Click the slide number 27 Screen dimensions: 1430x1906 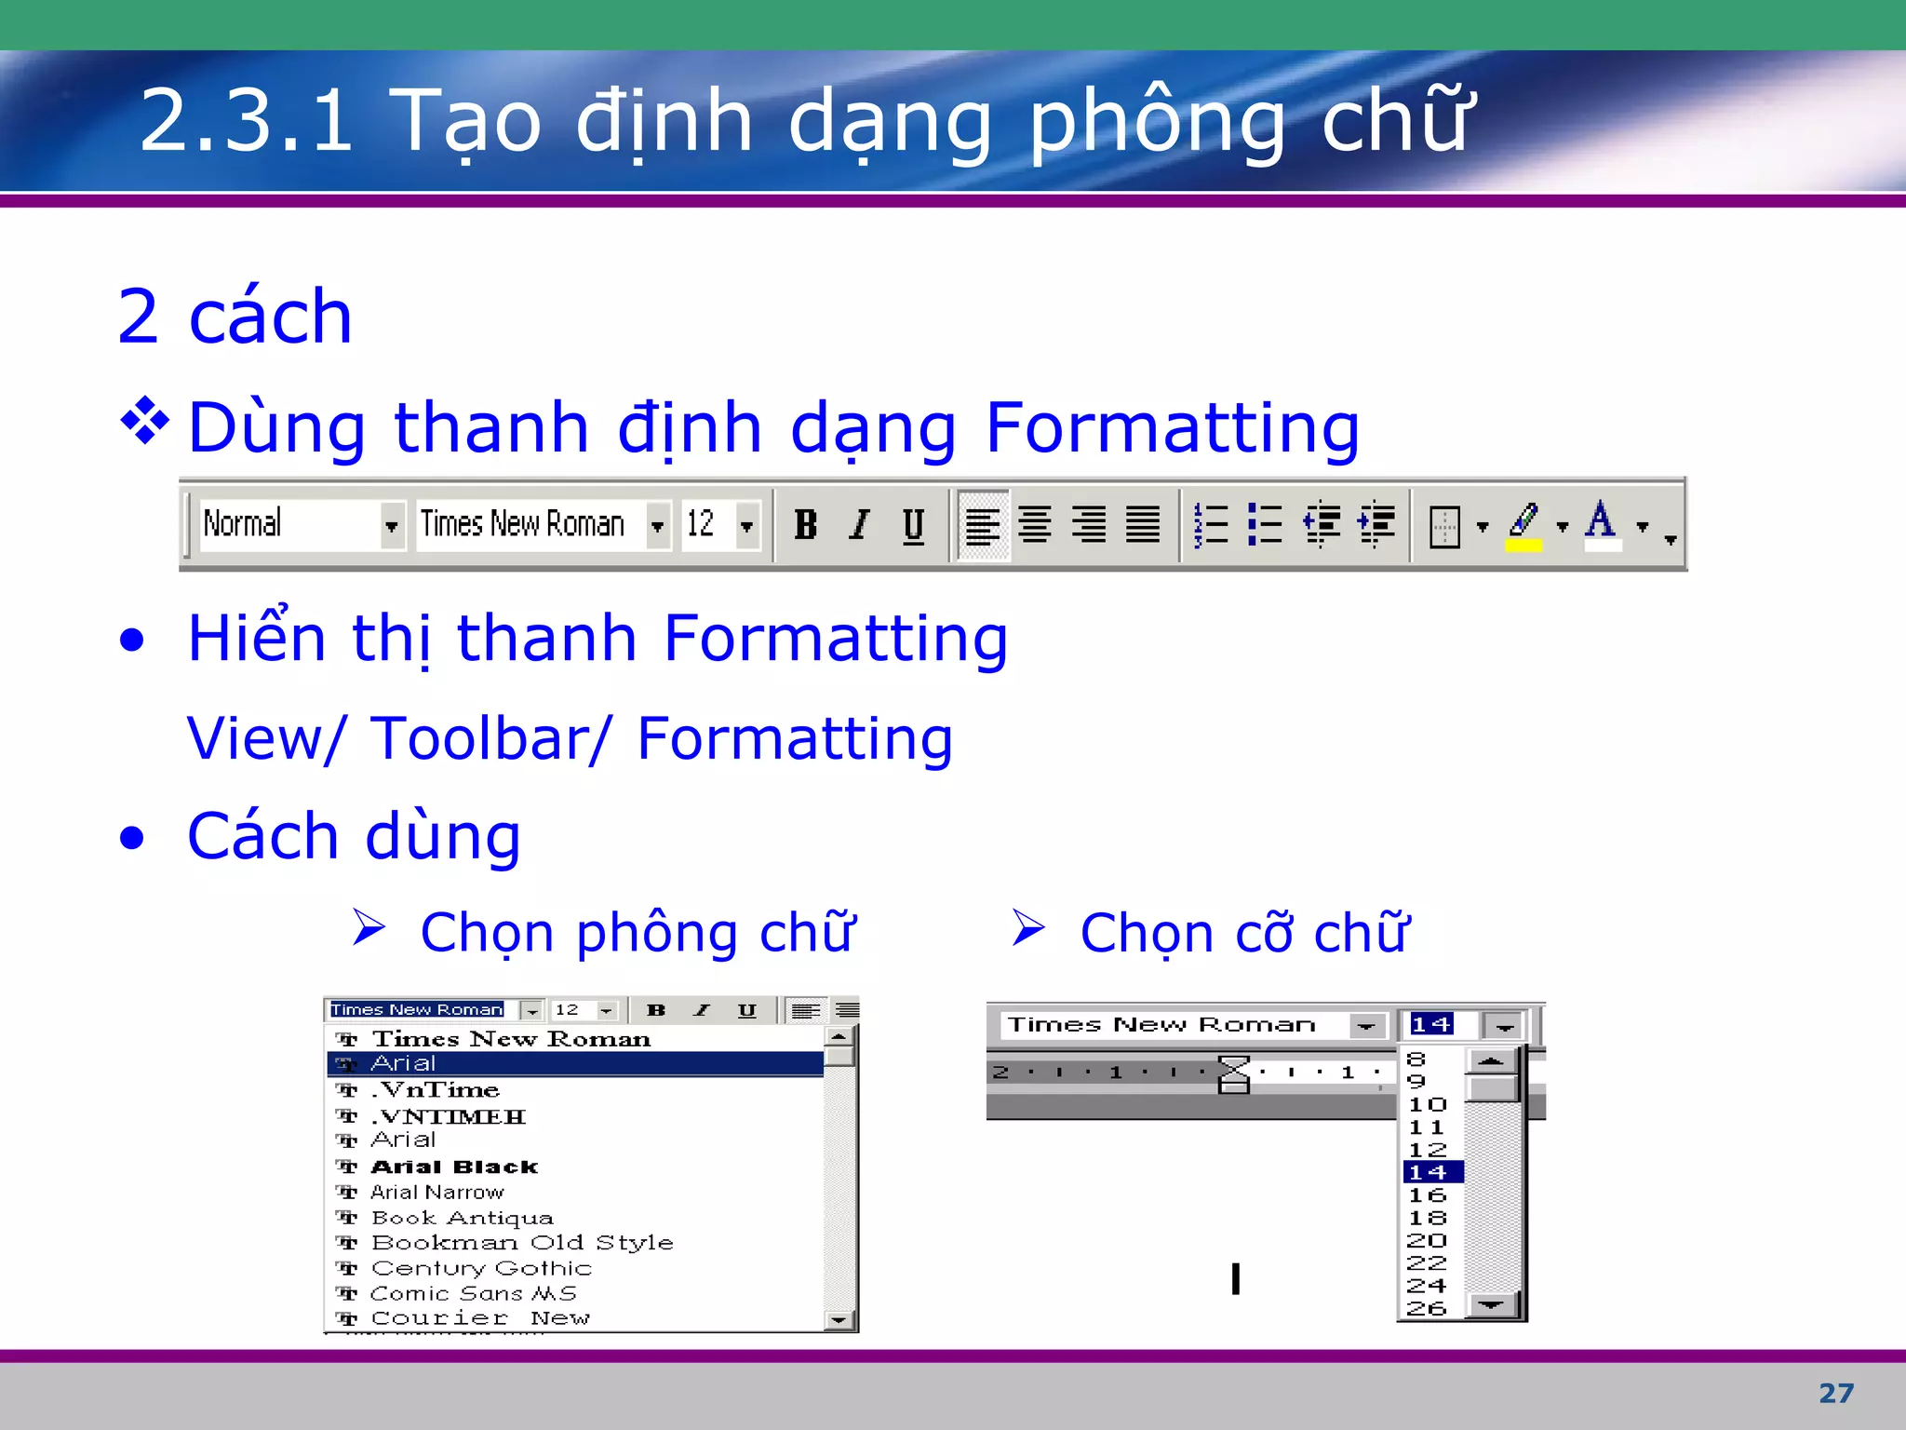pos(1835,1393)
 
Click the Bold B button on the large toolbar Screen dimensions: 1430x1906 pos(806,525)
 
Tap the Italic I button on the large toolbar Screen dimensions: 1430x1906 pos(860,525)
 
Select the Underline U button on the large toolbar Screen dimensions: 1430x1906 pos(913,525)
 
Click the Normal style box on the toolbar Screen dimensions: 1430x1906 pos(289,525)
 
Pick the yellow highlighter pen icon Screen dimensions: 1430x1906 pos(1523,525)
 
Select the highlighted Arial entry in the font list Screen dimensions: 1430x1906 pos(404,1063)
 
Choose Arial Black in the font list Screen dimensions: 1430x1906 pos(454,1167)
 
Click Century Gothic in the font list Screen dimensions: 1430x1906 pos(481,1268)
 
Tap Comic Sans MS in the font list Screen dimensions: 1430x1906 pos(474,1293)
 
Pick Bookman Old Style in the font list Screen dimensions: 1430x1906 pos(522,1243)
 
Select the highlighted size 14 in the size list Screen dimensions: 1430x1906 pos(1429,1172)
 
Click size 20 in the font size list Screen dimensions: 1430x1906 pos(1427,1240)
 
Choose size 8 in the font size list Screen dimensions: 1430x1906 pos(1416,1059)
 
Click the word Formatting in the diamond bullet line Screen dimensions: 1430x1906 pos(1173,427)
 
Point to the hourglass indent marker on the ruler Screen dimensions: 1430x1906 pos(1234,1073)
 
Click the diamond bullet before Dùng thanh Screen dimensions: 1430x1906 pos(146,422)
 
